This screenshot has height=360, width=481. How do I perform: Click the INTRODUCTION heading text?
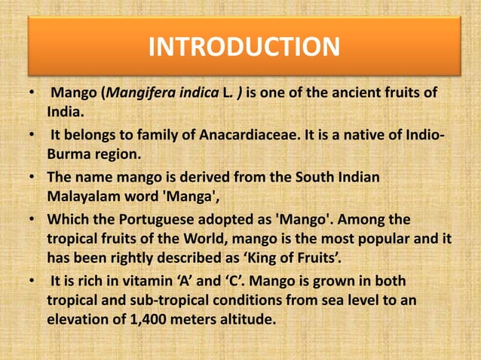243,47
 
